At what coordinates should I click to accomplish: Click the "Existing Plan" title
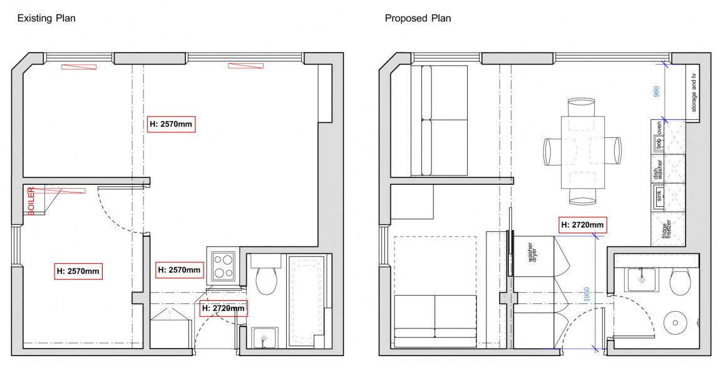[x=46, y=18]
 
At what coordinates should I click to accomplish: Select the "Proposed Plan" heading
[x=418, y=18]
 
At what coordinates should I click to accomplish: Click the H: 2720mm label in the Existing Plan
[x=224, y=308]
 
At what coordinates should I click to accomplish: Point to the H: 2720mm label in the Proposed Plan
[x=582, y=224]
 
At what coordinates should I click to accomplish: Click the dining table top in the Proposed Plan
[x=583, y=152]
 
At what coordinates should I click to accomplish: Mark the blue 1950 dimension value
[x=587, y=295]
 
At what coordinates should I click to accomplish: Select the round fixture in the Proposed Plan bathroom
[x=676, y=325]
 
